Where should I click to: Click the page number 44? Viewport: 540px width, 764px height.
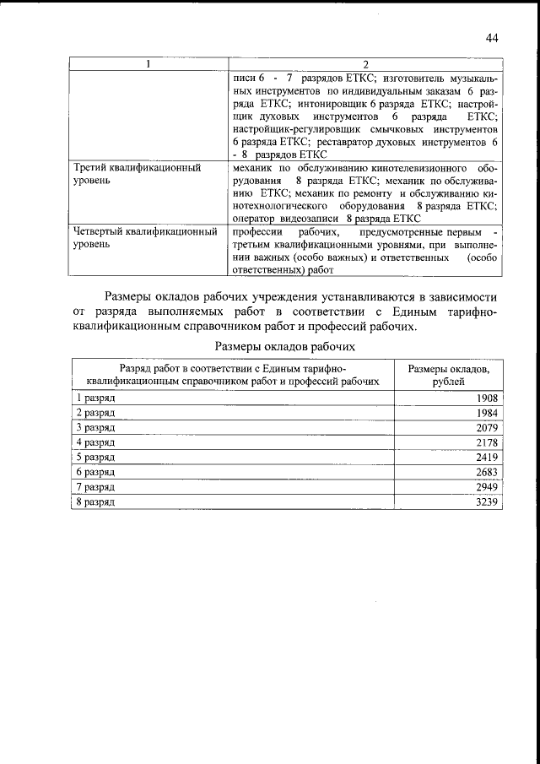pos(493,37)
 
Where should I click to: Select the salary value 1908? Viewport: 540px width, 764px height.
pos(488,398)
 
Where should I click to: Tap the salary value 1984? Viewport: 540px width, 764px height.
pos(488,413)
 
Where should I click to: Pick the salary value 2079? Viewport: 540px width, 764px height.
pos(488,427)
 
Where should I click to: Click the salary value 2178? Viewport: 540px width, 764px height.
pos(488,442)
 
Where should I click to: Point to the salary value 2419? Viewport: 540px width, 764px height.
pos(488,458)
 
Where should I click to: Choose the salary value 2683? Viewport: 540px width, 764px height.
pos(488,472)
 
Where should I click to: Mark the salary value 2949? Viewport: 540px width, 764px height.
pos(488,487)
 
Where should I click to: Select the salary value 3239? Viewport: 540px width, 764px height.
pos(488,502)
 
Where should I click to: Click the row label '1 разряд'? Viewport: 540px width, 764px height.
pos(95,398)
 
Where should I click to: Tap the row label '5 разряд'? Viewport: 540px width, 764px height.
pos(95,458)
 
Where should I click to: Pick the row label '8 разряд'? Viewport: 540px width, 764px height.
pos(95,502)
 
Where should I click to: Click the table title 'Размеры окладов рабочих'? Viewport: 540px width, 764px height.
pos(284,346)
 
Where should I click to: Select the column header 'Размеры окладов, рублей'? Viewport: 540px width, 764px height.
pos(449,375)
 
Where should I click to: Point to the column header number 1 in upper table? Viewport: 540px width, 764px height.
pos(148,64)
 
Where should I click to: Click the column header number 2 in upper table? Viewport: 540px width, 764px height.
pos(365,64)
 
